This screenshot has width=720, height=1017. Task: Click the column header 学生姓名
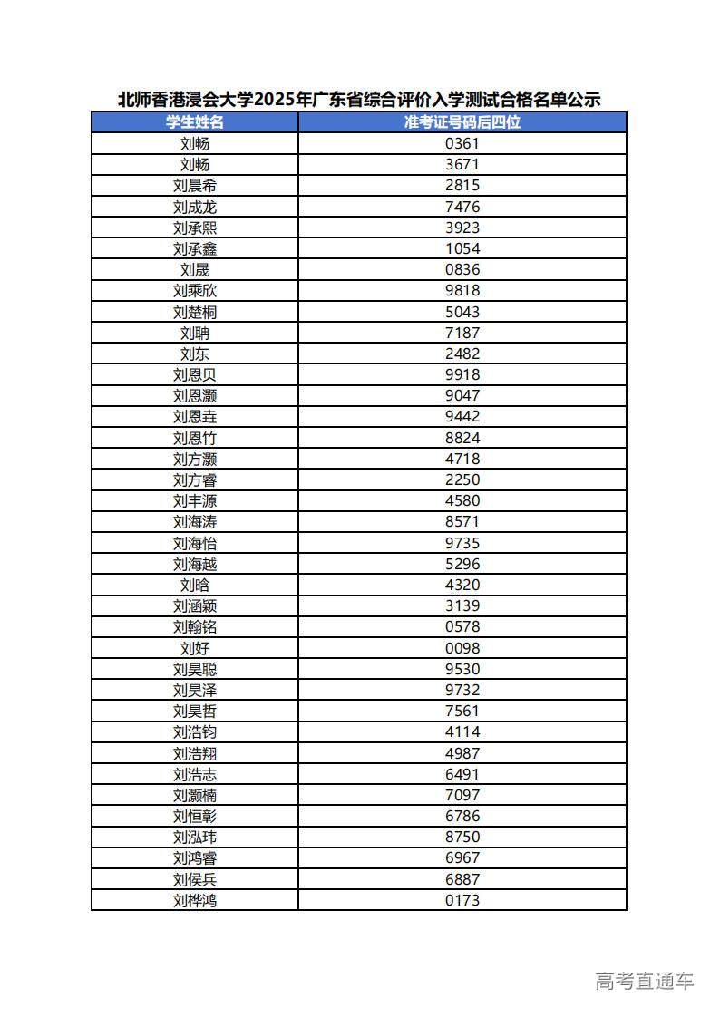click(194, 122)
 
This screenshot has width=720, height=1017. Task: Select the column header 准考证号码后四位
click(462, 122)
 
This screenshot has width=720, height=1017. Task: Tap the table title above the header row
click(359, 100)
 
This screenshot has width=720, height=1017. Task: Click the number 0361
click(462, 143)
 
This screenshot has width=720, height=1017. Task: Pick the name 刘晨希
click(195, 186)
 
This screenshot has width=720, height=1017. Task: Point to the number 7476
click(462, 207)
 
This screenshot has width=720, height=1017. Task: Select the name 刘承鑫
click(195, 248)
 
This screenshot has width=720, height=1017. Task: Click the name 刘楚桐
click(195, 312)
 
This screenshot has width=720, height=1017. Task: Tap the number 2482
click(462, 354)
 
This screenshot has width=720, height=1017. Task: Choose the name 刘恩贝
click(195, 374)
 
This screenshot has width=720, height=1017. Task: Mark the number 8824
click(462, 438)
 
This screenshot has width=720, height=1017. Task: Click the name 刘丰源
click(195, 500)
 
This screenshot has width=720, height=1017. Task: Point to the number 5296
click(462, 564)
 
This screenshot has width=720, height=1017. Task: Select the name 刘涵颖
click(195, 605)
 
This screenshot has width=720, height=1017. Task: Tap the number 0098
click(462, 648)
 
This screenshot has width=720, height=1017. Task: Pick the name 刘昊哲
click(195, 711)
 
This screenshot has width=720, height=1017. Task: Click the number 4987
click(462, 753)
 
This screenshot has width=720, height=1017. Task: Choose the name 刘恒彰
click(195, 816)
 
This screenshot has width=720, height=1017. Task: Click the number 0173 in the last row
click(462, 900)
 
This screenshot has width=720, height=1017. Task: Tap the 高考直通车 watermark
click(645, 981)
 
